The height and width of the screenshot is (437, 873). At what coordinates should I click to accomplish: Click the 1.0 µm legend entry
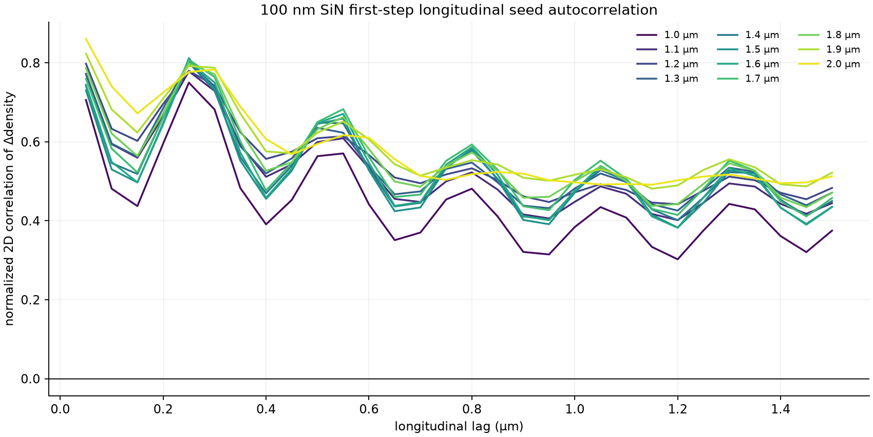point(667,35)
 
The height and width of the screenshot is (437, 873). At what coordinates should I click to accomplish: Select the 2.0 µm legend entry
point(829,64)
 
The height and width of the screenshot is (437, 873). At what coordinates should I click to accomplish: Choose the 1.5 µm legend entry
point(748,49)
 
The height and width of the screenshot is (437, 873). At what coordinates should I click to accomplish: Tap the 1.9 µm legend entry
point(829,49)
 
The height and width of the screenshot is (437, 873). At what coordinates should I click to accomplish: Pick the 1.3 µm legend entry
point(667,79)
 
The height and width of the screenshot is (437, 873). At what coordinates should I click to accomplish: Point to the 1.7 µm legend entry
point(748,79)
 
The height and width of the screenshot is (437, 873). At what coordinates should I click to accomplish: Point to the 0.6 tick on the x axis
point(369,409)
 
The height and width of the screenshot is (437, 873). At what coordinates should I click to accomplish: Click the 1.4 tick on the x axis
point(780,409)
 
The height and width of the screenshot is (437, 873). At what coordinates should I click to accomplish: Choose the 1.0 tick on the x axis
point(575,409)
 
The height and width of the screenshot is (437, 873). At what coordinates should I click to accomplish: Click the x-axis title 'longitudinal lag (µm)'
point(459,427)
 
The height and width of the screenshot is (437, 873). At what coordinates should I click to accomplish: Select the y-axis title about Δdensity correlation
point(9,209)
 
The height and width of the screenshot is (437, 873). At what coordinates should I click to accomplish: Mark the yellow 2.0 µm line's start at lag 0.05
point(86,39)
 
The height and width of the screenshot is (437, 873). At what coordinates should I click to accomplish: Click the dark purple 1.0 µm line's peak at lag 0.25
point(188,82)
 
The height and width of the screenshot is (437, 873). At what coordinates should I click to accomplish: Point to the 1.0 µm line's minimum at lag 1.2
point(677,259)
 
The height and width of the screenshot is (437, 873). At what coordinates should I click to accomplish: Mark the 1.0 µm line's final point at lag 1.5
point(832,230)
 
